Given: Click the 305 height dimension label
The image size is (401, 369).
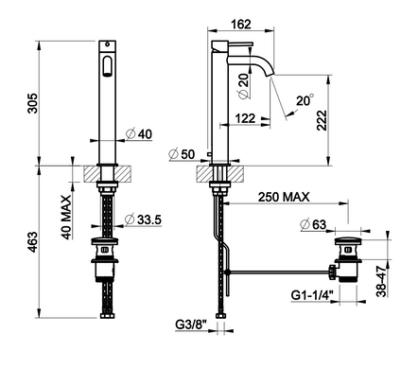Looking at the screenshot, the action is pos(33,103).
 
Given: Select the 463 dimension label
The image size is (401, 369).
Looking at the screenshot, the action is pos(33,242).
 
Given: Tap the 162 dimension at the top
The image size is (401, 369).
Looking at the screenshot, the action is pos(241,24).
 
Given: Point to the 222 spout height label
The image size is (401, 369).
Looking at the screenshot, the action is pos(322,120).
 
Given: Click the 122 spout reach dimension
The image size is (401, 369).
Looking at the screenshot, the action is pos(245,118).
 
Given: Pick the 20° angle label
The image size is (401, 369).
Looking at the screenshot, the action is pos(305,100).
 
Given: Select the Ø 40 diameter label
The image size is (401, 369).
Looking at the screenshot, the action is pos(139,134).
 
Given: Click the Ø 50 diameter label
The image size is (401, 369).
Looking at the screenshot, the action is pos(182,154).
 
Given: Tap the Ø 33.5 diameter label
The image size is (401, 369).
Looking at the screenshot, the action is pos(143,220).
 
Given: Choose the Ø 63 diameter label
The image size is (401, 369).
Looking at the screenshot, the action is pos(313,224).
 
